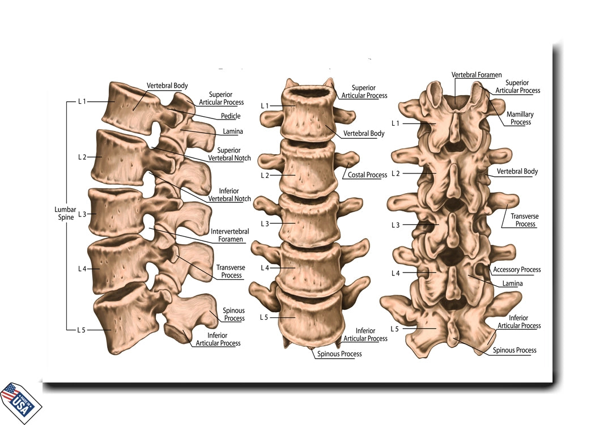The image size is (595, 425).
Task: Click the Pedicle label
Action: point(231,116)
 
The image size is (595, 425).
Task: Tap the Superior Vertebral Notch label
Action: point(229,154)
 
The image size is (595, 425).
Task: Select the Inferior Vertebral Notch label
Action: point(229,195)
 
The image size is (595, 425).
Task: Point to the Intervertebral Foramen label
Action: point(230,235)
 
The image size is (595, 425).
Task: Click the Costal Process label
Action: point(367,175)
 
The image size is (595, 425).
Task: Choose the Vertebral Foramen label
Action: point(477,75)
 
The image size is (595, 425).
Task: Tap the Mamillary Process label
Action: point(520,118)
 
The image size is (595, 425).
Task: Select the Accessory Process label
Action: point(517,270)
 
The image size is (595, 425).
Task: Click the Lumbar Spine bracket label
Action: point(65,213)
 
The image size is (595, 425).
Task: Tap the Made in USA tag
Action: point(20,402)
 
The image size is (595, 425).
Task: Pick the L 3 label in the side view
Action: point(82,214)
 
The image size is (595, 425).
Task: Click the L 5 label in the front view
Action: point(264,317)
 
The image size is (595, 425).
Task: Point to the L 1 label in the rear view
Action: point(396,124)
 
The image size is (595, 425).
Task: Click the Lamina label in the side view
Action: point(232,131)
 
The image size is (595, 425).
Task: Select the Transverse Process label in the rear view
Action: point(525,220)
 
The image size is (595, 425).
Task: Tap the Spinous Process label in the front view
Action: point(339,354)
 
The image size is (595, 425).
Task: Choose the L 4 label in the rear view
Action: point(396,273)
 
